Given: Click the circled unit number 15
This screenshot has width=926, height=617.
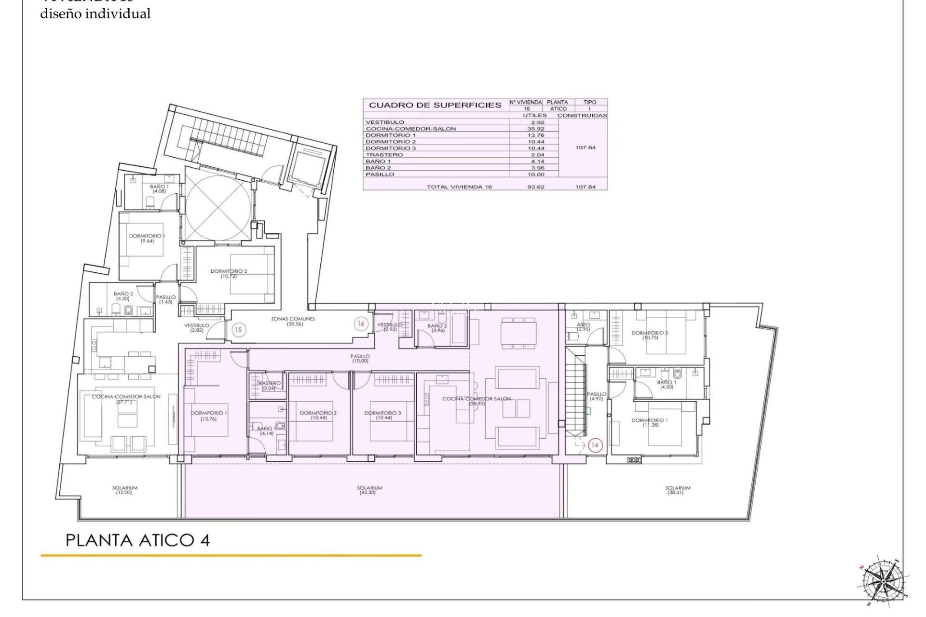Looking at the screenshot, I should (238, 330).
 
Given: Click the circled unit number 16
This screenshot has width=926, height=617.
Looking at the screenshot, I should (361, 324).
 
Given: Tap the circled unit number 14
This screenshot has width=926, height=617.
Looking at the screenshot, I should (595, 445).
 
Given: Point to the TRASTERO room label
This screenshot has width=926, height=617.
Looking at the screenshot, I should (269, 386).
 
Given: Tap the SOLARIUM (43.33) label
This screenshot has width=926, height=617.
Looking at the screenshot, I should (370, 490).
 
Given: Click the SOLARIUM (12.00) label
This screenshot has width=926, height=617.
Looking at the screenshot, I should (125, 490).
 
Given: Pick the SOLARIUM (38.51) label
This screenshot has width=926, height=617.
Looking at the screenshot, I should (678, 490).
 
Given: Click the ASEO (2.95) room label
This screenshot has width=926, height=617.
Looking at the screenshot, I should (583, 327).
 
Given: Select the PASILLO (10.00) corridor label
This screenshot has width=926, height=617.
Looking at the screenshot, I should (360, 359).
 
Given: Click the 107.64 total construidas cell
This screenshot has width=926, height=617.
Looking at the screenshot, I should (585, 187).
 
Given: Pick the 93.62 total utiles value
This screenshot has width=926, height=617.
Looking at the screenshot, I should (536, 187).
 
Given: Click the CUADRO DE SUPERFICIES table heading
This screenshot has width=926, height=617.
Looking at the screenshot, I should (435, 105).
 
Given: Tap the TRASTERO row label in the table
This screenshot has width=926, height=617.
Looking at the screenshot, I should (384, 155).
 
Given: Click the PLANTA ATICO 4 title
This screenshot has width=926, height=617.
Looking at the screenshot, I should (137, 540).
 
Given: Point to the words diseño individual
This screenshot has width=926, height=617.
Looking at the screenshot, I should (95, 14).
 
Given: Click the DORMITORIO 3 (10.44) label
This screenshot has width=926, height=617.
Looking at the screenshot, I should (382, 415).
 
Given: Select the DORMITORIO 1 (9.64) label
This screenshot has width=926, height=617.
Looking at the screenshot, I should (147, 238).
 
